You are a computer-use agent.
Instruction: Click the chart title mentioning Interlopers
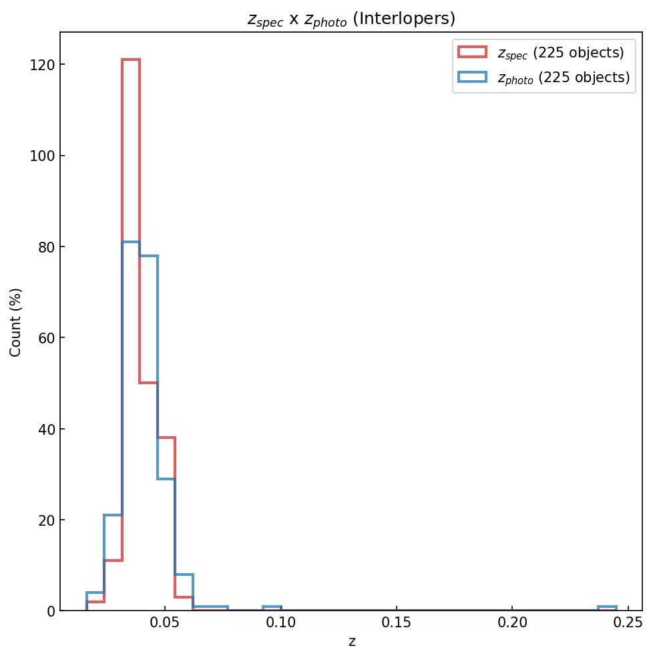(x=351, y=19)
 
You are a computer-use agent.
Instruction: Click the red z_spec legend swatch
(x=472, y=52)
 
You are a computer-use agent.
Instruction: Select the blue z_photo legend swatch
(x=472, y=77)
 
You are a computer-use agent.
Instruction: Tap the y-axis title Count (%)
(x=16, y=322)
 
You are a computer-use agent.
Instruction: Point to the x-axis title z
(x=351, y=642)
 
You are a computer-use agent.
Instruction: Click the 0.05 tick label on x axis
(x=166, y=623)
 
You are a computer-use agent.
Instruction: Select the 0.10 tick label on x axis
(x=281, y=623)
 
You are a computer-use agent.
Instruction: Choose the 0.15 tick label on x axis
(x=397, y=623)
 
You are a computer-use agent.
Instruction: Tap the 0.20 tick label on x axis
(x=512, y=623)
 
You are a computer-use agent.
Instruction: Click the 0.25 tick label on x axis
(x=628, y=623)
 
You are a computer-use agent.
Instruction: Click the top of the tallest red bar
(x=131, y=60)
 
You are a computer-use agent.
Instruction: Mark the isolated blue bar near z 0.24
(x=607, y=607)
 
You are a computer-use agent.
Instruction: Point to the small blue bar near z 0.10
(x=272, y=607)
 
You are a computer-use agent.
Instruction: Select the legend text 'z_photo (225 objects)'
(x=564, y=77)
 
